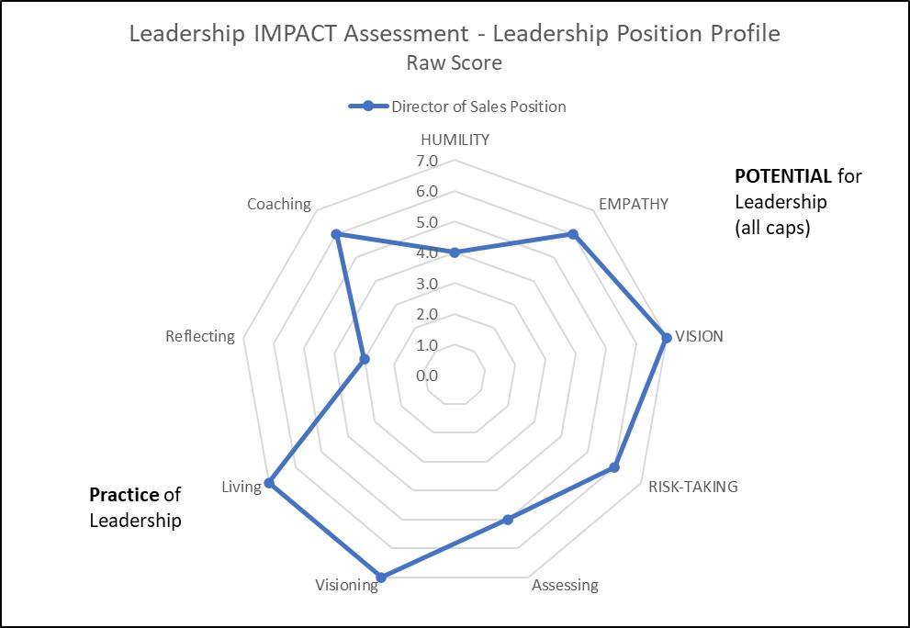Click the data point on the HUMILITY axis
[454, 252]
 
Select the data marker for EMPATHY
[573, 234]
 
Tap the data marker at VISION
[667, 337]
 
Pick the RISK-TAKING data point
[614, 468]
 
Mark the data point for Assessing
[507, 521]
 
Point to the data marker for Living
[269, 482]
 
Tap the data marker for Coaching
[336, 234]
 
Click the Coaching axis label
[279, 204]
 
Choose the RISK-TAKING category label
[692, 487]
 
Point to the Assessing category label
[565, 585]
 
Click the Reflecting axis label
[200, 336]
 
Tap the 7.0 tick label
[427, 162]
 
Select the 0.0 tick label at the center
[427, 376]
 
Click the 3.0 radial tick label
[427, 284]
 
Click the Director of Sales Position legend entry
[478, 107]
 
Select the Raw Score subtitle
[454, 63]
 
